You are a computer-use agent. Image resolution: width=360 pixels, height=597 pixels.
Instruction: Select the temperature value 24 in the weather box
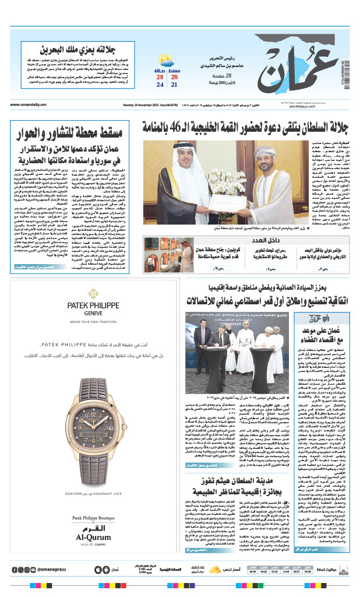160,85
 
